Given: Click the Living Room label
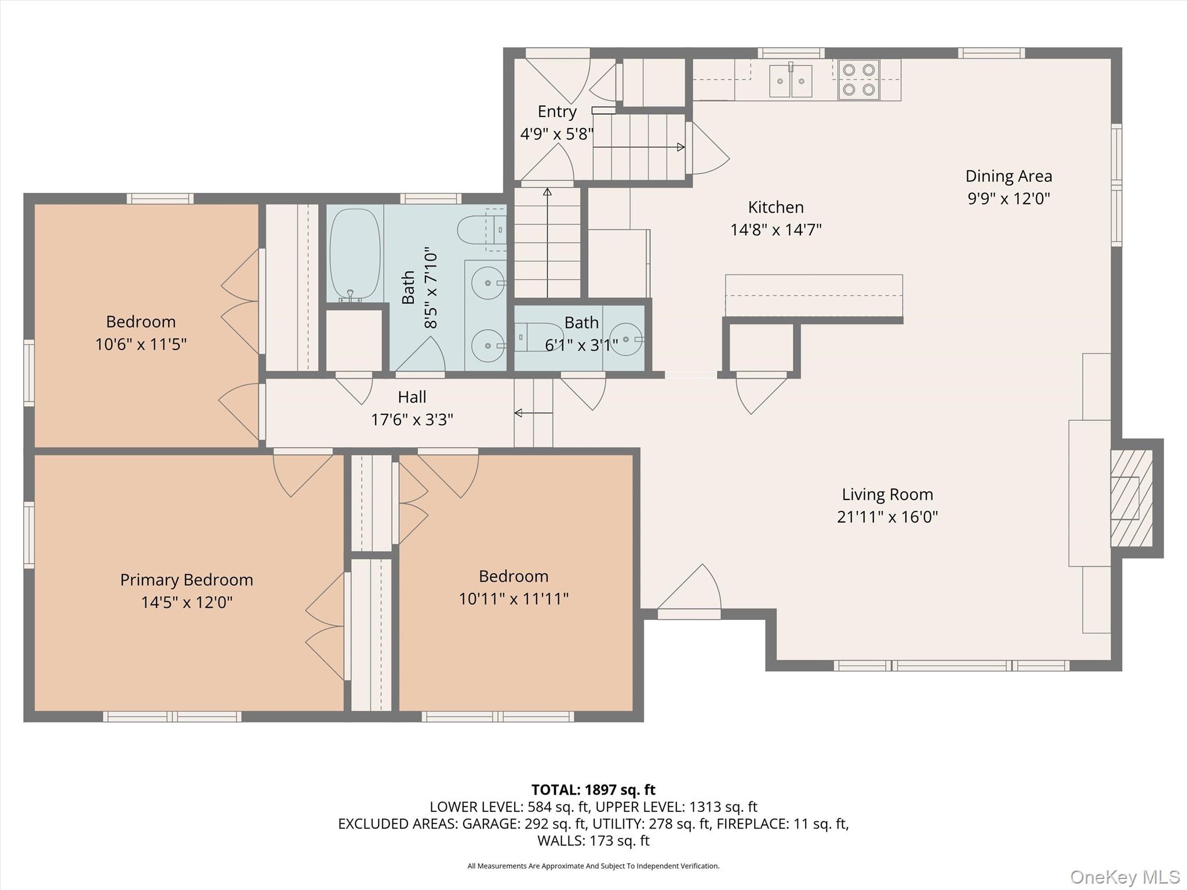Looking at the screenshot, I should [887, 494].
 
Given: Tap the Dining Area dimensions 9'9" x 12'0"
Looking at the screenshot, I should [1008, 199].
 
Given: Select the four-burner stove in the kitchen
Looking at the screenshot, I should [858, 80].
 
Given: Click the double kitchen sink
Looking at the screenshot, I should [791, 81].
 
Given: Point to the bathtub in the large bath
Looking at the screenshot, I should [355, 255].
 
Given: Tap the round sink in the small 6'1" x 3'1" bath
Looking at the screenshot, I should [626, 339].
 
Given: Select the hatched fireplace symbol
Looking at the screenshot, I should [1130, 498].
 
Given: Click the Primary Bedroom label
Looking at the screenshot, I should [187, 580].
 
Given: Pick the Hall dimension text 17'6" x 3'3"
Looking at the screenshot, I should [412, 420].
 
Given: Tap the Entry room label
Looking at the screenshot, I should [557, 111].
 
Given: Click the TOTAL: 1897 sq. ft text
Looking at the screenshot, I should [593, 790].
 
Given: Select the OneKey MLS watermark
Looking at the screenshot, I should [1124, 877].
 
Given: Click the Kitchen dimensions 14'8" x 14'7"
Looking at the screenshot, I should [775, 230].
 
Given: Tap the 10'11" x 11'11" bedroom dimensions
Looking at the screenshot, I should [514, 599].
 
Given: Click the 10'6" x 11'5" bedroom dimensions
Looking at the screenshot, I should [141, 345].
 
